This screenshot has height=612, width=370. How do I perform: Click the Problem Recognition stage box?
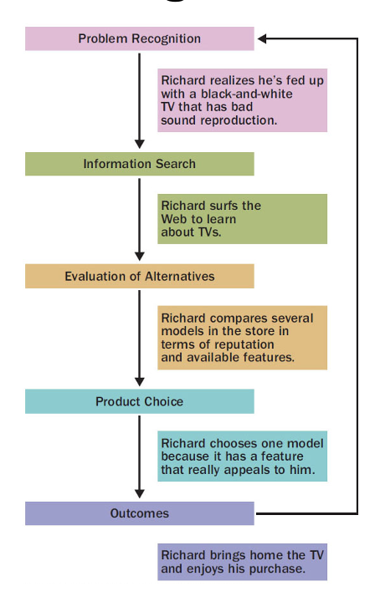pyautogui.click(x=139, y=38)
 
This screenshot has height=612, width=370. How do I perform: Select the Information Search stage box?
pyautogui.click(x=139, y=164)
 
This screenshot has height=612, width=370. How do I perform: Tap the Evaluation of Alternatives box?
pyautogui.click(x=139, y=277)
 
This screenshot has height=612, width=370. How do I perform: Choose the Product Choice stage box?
pyautogui.click(x=139, y=401)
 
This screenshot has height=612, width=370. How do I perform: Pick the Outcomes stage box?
pyautogui.click(x=139, y=513)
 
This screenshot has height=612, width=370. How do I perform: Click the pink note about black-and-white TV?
pyautogui.click(x=243, y=100)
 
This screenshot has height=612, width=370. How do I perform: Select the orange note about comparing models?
pyautogui.click(x=243, y=337)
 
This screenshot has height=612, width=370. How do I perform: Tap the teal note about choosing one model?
pyautogui.click(x=243, y=456)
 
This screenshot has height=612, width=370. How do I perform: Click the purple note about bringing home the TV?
pyautogui.click(x=243, y=562)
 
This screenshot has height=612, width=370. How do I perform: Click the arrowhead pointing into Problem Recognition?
pyautogui.click(x=262, y=38)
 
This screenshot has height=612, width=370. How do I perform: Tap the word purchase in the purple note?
pyautogui.click(x=277, y=569)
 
